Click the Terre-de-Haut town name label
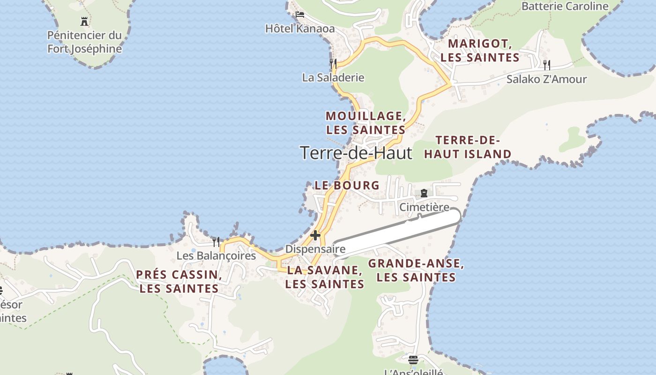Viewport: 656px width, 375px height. [356, 153]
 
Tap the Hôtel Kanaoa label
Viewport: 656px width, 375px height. [300, 29]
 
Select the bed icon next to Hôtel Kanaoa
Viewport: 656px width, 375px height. [299, 15]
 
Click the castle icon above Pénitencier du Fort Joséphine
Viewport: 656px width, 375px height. [84, 21]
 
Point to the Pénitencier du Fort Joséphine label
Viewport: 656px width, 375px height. [85, 42]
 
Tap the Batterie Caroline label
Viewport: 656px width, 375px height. [565, 6]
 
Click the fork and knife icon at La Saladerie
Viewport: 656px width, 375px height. [333, 63]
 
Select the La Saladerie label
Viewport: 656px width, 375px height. [333, 77]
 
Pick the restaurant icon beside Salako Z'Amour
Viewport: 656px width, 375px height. [546, 65]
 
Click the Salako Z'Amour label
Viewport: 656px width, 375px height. [546, 79]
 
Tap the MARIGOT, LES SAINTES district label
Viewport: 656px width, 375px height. [480, 51]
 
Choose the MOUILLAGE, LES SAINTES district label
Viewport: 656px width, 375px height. [365, 123]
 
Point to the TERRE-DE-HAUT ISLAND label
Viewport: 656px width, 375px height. [468, 147]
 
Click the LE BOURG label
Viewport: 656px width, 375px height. [347, 185]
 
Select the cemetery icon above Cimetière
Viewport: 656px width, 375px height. [424, 193]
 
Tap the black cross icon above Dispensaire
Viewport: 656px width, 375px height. [315, 235]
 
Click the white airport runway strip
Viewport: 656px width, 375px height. [398, 234]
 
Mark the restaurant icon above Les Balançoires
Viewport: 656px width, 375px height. [216, 242]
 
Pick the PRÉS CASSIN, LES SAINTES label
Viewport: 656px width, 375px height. [179, 281]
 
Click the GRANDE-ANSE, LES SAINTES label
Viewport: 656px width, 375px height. [416, 270]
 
